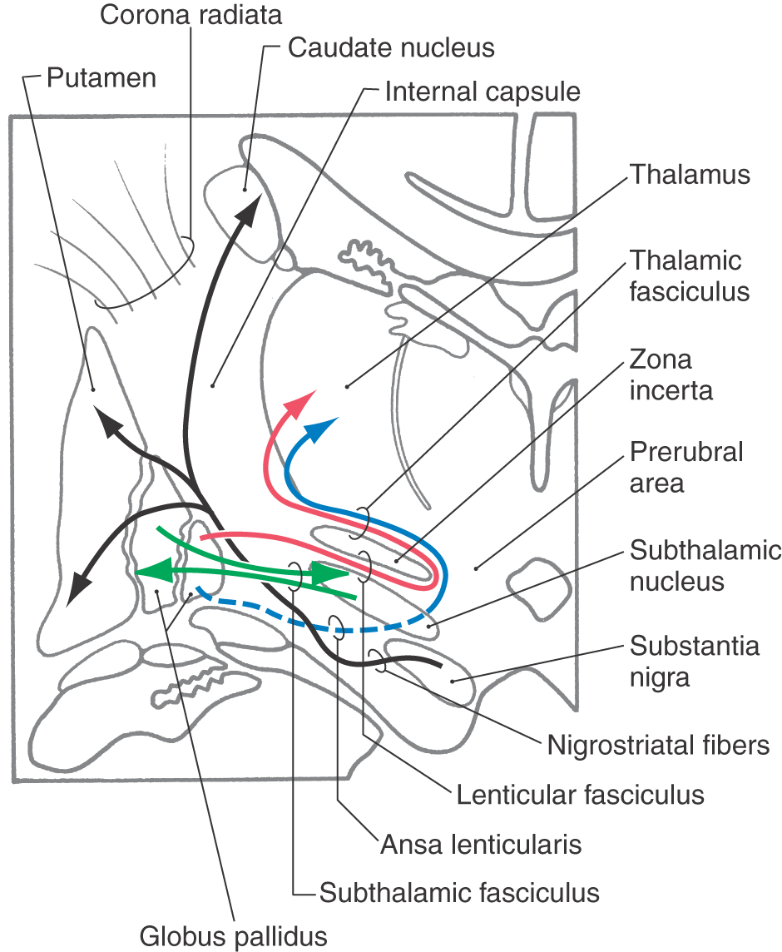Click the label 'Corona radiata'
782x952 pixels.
(x=191, y=15)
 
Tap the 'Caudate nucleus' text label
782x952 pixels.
(x=391, y=47)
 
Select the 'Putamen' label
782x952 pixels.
(x=101, y=77)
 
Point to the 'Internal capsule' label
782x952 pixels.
(x=483, y=92)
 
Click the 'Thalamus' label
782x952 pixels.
(x=690, y=174)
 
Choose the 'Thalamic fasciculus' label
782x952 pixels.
(x=689, y=275)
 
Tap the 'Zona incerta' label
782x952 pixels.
(x=671, y=374)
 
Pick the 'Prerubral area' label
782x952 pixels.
(x=686, y=468)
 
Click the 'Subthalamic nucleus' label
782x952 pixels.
(x=705, y=566)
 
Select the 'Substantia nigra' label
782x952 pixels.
(x=694, y=662)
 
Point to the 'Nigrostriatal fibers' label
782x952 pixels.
(x=658, y=745)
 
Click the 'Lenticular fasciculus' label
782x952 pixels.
(x=580, y=795)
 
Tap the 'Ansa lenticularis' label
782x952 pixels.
(x=481, y=845)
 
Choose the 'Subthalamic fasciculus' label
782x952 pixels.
(x=459, y=893)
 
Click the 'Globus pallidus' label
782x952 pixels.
(x=233, y=936)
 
